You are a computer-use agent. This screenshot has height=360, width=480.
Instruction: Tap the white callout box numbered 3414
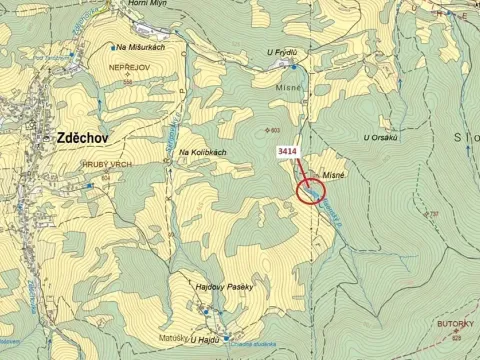pos(287,151)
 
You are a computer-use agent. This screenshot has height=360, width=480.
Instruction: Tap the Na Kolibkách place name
pos(202,152)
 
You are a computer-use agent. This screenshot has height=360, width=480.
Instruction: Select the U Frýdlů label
pos(283,53)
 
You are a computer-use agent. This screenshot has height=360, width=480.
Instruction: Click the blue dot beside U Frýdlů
pos(293,67)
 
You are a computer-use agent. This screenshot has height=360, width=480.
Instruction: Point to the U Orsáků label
pos(381,138)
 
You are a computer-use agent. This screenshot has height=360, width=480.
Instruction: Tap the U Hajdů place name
pos(205,340)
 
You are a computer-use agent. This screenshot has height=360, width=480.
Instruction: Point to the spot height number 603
pos(275,130)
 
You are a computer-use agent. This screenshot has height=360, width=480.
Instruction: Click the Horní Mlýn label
pos(146,4)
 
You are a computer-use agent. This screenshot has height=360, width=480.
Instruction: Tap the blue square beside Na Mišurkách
pos(111,47)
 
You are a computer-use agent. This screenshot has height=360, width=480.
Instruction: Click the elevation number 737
pos(434,214)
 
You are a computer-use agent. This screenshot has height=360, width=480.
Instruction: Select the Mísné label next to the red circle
pos(334,174)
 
